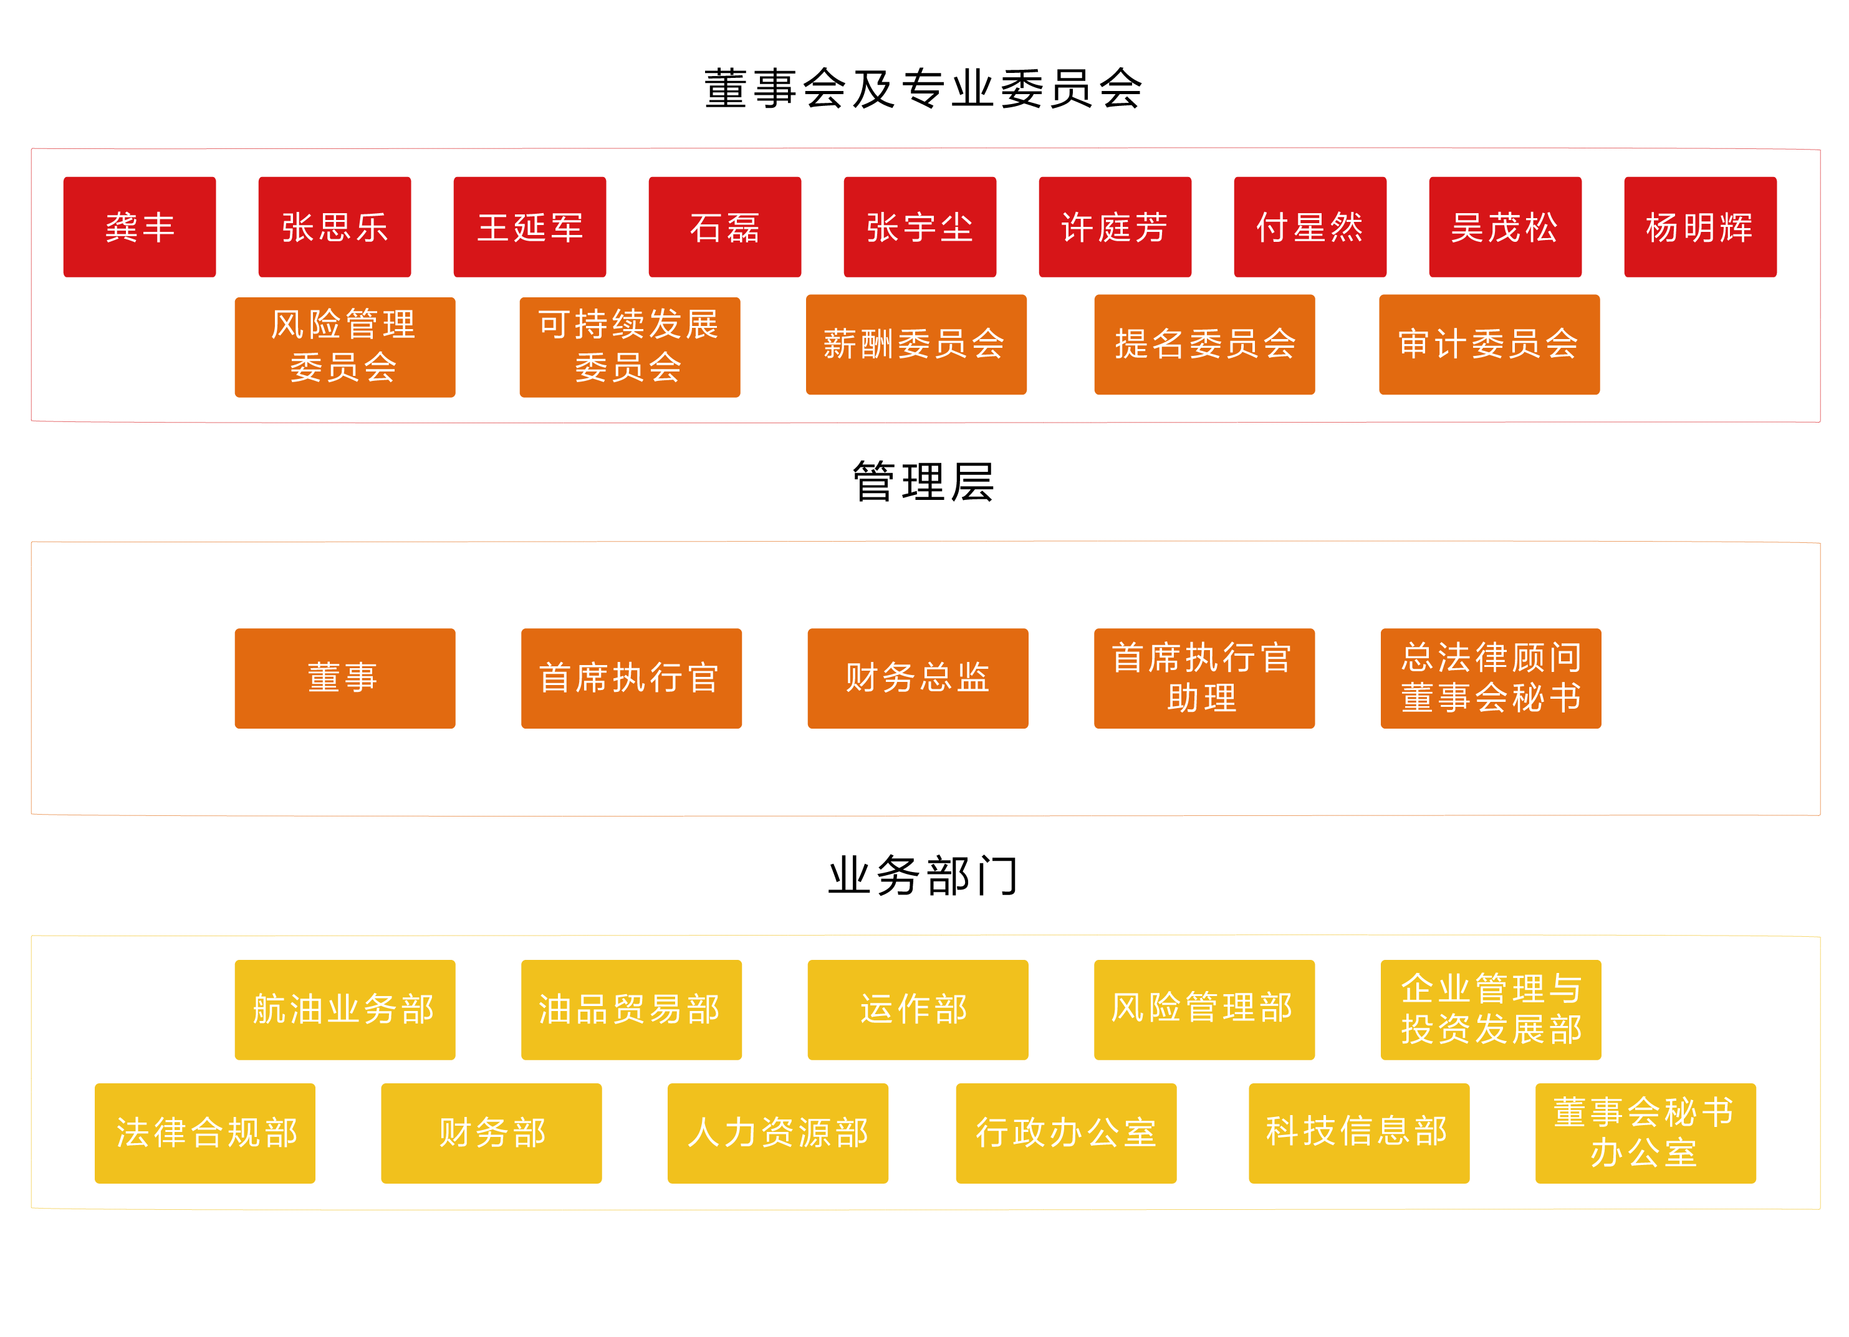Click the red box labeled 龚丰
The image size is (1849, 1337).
[x=140, y=227]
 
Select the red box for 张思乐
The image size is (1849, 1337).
[x=334, y=227]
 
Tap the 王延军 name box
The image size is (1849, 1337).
[x=529, y=227]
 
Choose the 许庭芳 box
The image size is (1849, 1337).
[x=1115, y=227]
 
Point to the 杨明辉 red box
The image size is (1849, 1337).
[x=1700, y=227]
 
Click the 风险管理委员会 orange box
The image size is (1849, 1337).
[x=344, y=347]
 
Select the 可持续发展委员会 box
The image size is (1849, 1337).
[x=630, y=347]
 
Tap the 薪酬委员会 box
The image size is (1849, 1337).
[x=916, y=344]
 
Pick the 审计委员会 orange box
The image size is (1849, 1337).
[x=1489, y=344]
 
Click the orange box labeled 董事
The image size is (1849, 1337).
[x=344, y=678]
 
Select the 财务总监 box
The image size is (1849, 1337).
[x=917, y=678]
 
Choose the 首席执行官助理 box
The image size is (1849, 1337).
[x=1203, y=678]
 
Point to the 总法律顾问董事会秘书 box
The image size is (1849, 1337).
[x=1491, y=678]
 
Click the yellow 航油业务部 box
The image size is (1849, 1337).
[x=344, y=1009]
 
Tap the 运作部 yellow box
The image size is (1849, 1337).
[x=917, y=1009]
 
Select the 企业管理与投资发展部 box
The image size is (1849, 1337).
[x=1491, y=1009]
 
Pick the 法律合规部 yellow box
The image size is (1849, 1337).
[x=204, y=1133]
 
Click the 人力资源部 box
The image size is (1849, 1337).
[x=778, y=1133]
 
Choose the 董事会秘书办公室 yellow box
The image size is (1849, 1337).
[x=1645, y=1133]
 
